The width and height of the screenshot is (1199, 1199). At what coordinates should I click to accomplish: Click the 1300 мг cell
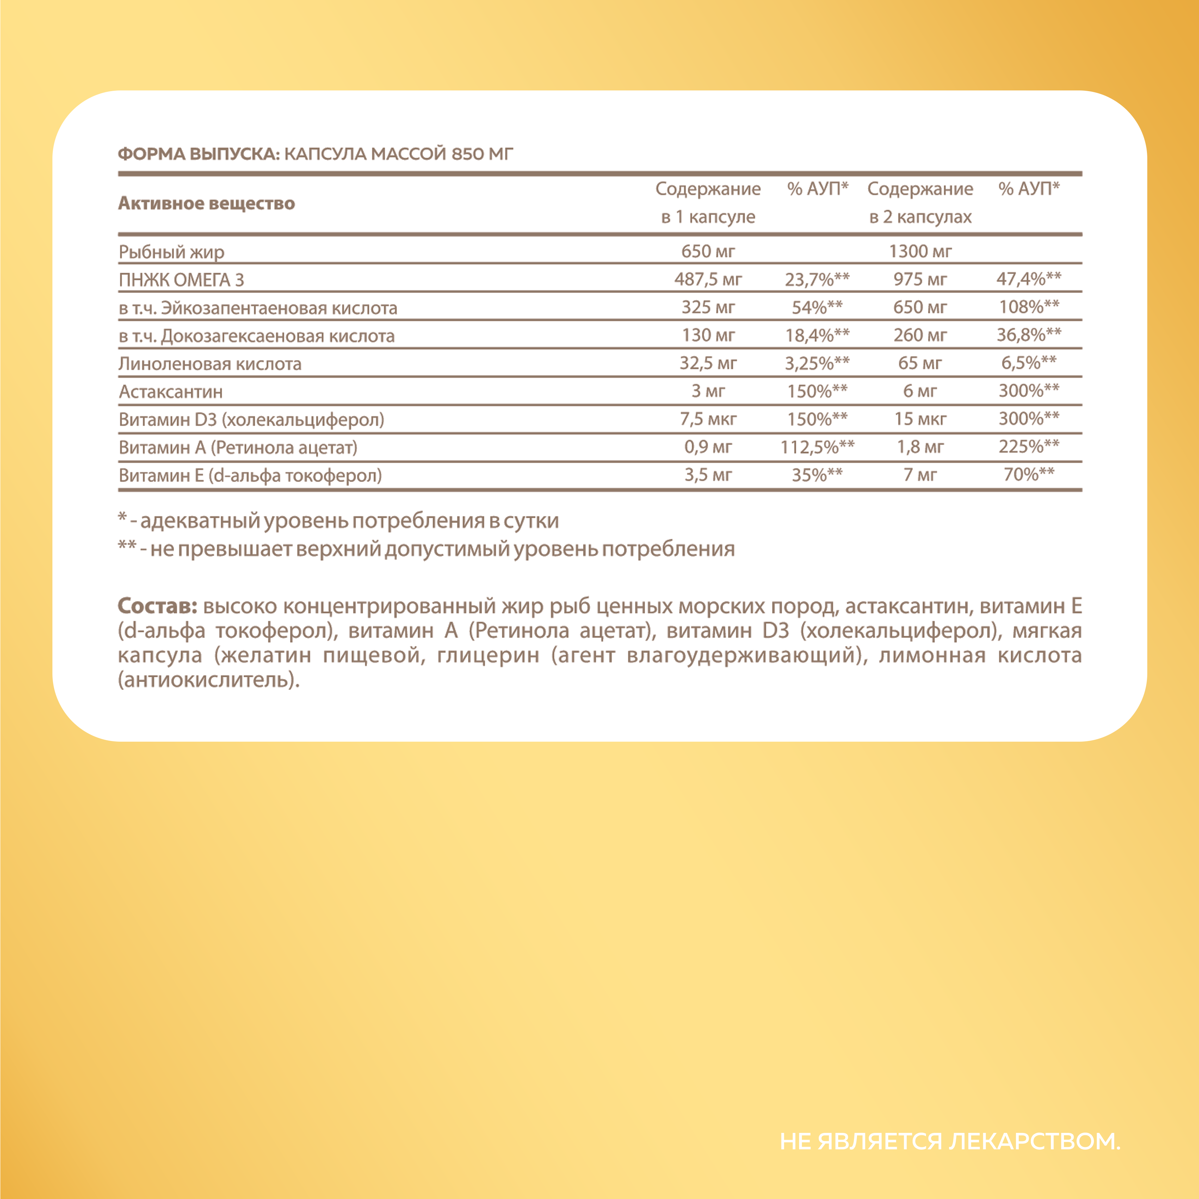(x=920, y=251)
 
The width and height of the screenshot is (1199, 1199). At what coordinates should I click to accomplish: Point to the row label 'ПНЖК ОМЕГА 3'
(x=181, y=280)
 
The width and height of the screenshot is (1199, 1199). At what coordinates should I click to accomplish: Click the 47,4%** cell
(x=1028, y=279)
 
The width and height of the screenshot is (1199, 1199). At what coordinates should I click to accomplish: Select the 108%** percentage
(x=1028, y=307)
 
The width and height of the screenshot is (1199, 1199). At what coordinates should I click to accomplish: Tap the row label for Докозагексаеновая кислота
(x=256, y=336)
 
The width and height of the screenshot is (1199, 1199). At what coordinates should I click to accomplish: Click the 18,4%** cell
(x=817, y=335)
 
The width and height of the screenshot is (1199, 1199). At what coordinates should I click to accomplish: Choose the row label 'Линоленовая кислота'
(x=210, y=364)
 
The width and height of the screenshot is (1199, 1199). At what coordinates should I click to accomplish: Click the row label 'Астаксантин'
(x=171, y=392)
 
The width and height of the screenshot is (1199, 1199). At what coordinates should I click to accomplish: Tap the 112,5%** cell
(x=817, y=447)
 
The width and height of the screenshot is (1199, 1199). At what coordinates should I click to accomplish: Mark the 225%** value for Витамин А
(x=1028, y=447)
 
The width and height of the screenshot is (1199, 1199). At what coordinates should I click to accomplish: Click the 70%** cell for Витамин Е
(x=1028, y=475)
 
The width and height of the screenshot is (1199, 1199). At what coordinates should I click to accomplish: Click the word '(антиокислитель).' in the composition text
(x=209, y=680)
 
